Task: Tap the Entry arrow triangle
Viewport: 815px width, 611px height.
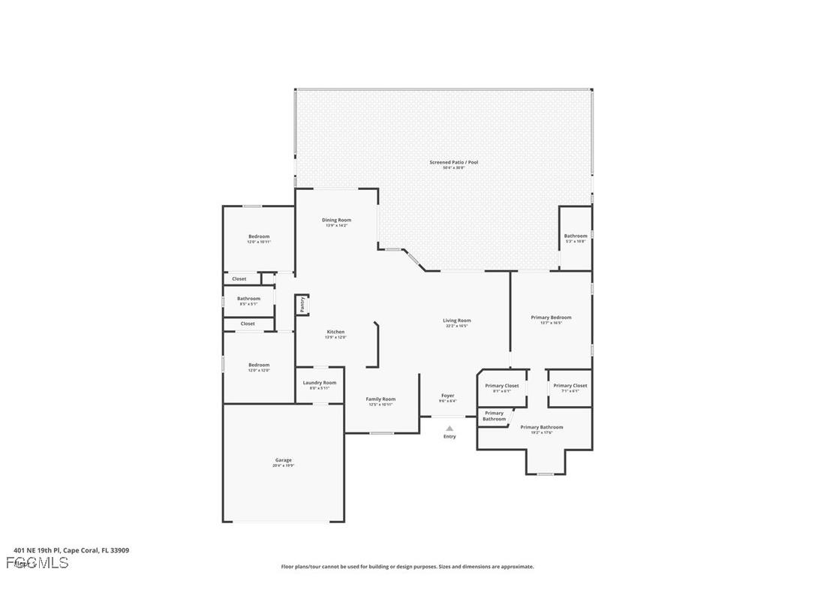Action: [450, 429]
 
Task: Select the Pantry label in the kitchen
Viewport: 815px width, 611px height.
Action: [302, 305]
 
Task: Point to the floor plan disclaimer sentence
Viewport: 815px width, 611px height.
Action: [407, 567]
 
